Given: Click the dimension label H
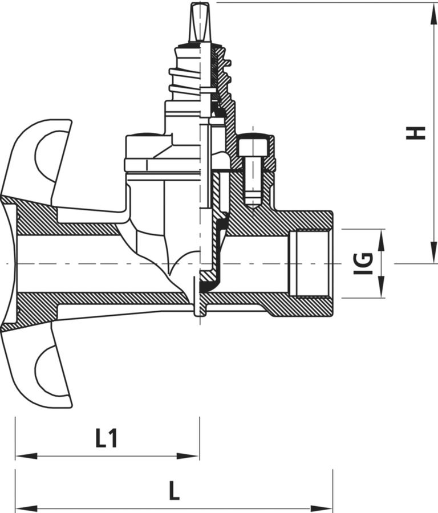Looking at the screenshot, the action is [x=415, y=133].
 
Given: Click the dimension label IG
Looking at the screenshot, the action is [x=363, y=263].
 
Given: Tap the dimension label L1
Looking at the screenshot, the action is [x=106, y=438].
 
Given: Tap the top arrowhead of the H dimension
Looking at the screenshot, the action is [x=434, y=13].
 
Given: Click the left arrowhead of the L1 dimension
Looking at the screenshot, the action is [x=26, y=456].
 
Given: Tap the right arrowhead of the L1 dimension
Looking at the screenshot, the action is [x=188, y=456].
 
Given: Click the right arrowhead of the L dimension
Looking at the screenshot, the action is [x=322, y=509].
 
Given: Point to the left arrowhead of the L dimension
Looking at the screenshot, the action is [x=26, y=509].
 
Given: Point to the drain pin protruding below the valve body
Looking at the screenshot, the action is [x=197, y=297].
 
